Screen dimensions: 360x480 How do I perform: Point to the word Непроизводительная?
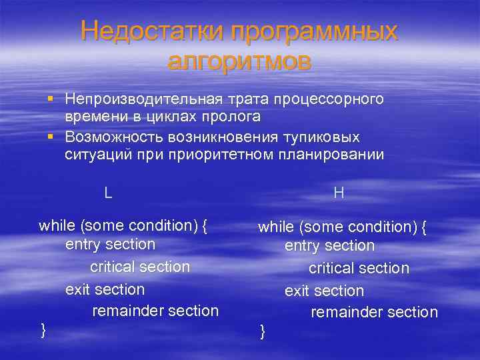tap(138, 99)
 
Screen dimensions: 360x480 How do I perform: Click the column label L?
tap(108, 193)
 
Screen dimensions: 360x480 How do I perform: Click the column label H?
tap(339, 193)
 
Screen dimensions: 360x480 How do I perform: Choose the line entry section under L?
tap(110, 244)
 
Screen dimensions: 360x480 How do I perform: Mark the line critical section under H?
tap(359, 268)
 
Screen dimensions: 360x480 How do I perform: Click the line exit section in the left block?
tap(105, 289)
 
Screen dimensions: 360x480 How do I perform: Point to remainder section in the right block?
tap(374, 312)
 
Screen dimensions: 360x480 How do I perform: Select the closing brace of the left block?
tap(43, 329)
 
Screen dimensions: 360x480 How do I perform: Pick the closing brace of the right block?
tap(262, 331)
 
